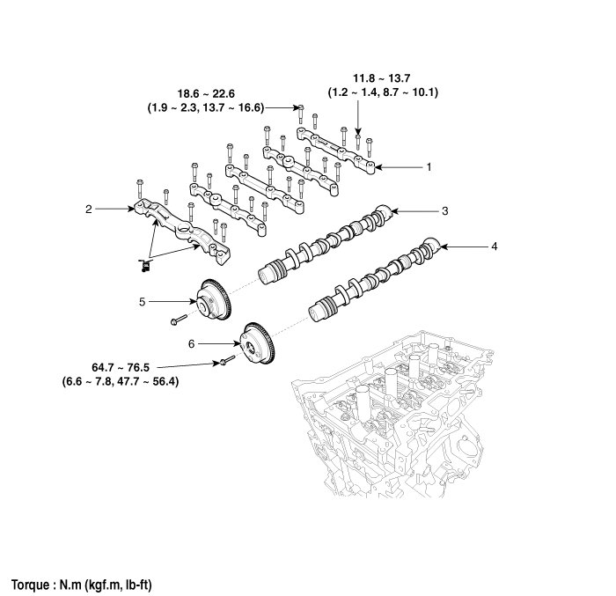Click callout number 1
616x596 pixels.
coord(429,166)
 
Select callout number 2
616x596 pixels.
coord(89,210)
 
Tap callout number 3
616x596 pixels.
coord(445,210)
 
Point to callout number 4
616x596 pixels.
coord(495,246)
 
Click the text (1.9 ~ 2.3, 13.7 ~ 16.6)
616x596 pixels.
coord(208,107)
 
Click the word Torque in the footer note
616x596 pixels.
coord(33,584)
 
